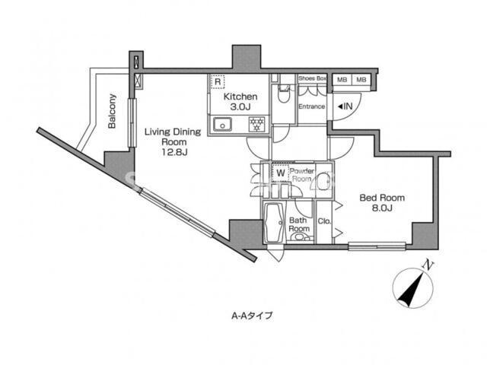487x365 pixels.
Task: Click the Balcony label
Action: coord(112,111)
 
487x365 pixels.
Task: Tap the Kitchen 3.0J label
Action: coord(240,101)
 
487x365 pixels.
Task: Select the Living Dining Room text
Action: coord(173,137)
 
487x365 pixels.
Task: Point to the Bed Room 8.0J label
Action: coord(382,202)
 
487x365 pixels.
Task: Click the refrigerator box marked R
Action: coord(218,81)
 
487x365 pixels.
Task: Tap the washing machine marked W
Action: coord(281,173)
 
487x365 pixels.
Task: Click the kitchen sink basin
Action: coord(222,125)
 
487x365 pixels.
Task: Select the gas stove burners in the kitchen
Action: coord(257,125)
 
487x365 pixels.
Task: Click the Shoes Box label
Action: coord(312,78)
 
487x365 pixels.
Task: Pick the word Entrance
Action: coord(311,106)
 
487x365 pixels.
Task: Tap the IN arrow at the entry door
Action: coord(345,106)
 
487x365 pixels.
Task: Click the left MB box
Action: coord(342,80)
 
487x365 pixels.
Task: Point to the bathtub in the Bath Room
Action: coord(274,223)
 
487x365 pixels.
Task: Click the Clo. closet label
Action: coord(324,221)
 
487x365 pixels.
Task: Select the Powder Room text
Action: coord(301,175)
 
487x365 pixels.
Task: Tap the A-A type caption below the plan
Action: coord(252,316)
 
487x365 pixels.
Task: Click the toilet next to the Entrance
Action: coord(283,94)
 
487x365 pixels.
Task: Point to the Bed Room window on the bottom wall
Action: coord(377,246)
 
